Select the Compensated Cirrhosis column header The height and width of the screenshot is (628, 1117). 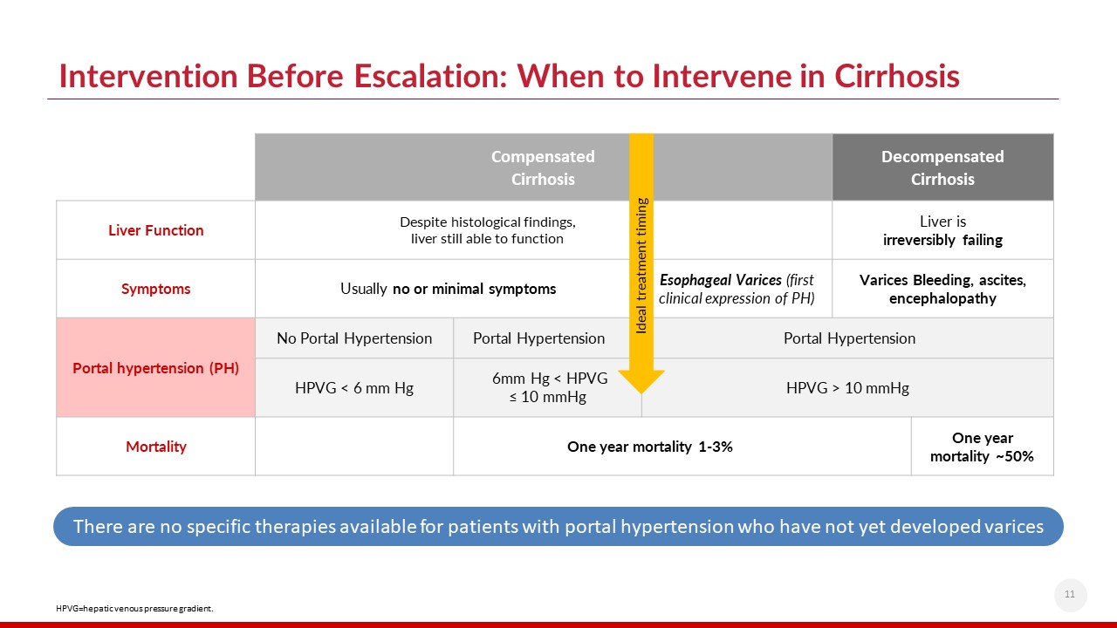tap(543, 167)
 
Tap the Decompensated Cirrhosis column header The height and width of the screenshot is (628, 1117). tap(942, 167)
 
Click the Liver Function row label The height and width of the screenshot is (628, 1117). tap(155, 230)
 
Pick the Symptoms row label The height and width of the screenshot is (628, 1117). tap(155, 289)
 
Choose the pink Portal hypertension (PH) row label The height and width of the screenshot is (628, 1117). tap(155, 368)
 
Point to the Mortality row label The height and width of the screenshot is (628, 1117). tap(155, 447)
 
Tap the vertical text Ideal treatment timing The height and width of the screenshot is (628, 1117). tap(641, 266)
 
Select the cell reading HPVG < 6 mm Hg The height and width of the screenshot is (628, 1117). tap(354, 388)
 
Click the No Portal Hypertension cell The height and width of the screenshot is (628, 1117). tap(354, 338)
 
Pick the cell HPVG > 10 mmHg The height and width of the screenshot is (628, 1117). tap(847, 388)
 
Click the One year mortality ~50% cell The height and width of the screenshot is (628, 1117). tap(983, 447)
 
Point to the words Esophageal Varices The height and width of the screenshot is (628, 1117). tap(721, 280)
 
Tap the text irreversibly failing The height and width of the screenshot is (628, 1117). tap(942, 240)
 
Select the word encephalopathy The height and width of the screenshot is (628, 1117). tap(942, 298)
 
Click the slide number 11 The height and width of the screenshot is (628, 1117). tap(1070, 594)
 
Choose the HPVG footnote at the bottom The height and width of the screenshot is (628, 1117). tap(134, 609)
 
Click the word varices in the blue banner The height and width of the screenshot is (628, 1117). tap(1012, 527)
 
